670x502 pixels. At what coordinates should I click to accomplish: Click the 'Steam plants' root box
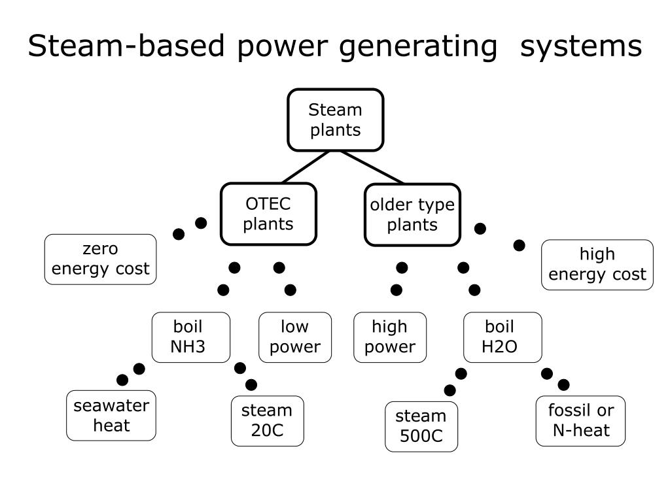point(336,120)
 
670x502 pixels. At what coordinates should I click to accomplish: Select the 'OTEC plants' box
point(268,214)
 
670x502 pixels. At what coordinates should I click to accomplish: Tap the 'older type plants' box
point(412,214)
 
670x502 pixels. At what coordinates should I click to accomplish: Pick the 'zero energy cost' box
point(100,259)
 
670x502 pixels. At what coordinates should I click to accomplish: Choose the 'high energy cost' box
point(597,265)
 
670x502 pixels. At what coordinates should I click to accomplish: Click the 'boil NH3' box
point(191,337)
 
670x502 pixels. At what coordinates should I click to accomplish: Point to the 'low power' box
point(295,337)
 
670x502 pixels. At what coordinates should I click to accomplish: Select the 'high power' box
point(390,337)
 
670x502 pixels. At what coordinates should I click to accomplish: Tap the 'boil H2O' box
point(502,337)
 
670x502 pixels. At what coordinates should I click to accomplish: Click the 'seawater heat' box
point(111,415)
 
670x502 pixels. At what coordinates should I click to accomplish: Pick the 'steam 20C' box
point(267,421)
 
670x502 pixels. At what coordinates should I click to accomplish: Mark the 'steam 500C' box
point(421,426)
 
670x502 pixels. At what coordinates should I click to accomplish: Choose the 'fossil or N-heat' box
point(580,421)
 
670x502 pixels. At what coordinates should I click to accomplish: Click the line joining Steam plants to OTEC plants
point(306,167)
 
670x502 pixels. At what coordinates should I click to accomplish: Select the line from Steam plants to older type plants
point(372,167)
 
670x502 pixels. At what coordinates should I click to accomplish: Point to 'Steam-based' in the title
point(126,45)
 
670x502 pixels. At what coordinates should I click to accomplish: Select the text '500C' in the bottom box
point(421,436)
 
